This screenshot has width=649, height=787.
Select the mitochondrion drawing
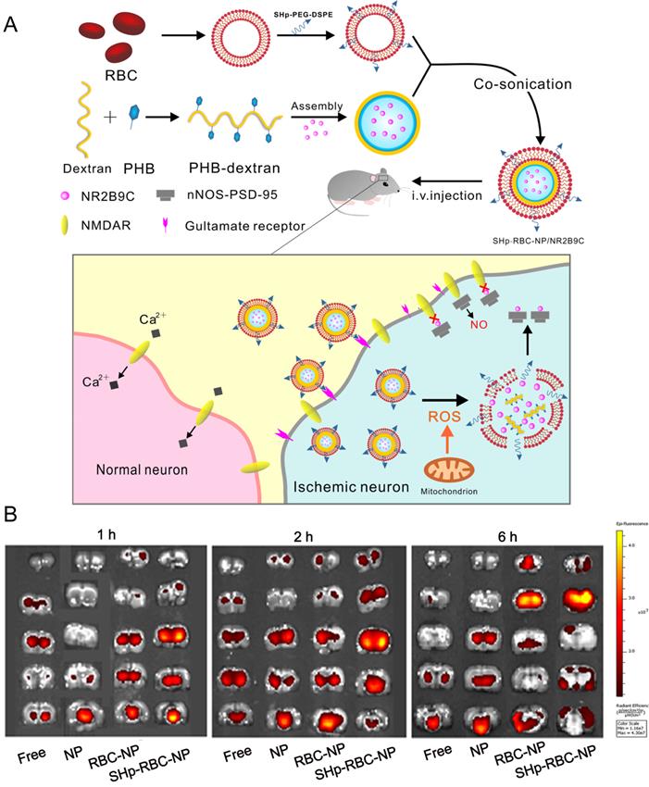click(449, 465)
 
